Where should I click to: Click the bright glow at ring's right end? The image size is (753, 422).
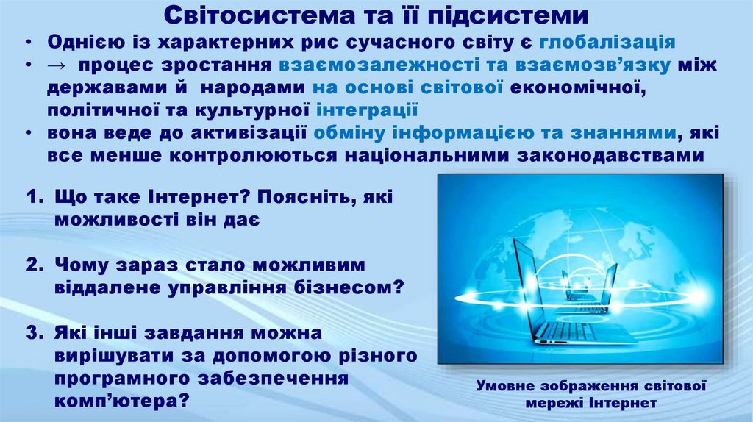[691, 296]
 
